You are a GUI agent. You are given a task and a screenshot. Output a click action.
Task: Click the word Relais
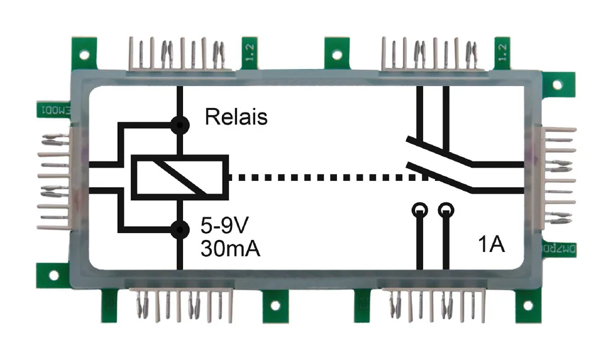coord(236,117)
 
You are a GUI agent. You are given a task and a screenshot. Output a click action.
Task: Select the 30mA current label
coord(230,248)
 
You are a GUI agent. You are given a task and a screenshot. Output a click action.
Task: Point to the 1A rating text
coord(490,245)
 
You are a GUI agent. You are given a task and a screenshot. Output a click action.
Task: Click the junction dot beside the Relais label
coord(180,125)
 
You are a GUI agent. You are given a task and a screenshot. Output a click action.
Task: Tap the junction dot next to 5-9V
coord(180,229)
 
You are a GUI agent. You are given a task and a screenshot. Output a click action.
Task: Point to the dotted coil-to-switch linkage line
coord(318,177)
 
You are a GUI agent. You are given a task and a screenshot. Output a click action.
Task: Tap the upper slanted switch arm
coord(440,151)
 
